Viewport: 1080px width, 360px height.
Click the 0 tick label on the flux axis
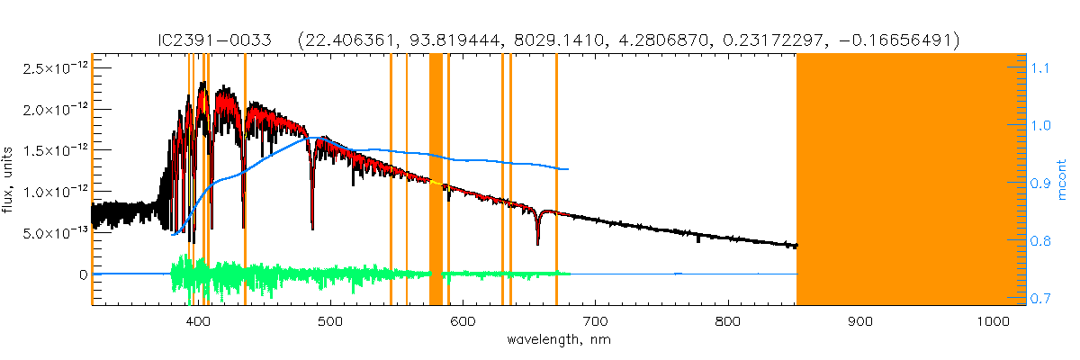83,274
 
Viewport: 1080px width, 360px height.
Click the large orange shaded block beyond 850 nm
911,180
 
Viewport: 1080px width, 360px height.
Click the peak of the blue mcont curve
322,137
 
